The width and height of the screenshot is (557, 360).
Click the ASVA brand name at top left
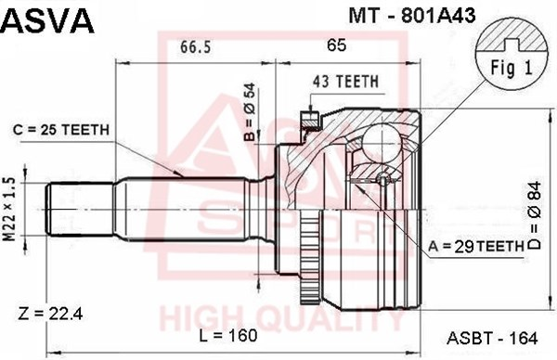point(47,20)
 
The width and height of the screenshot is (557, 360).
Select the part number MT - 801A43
point(412,15)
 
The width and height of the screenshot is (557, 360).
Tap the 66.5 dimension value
point(195,46)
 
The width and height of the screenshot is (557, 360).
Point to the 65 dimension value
point(336,45)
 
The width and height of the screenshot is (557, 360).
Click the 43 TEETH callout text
point(345,82)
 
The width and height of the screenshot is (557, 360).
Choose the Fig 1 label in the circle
point(512,68)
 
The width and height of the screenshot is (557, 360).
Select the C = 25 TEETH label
point(61,130)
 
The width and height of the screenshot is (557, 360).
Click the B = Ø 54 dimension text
point(250,111)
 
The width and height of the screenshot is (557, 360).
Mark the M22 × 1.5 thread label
point(9,209)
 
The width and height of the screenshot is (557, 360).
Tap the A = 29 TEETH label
point(476,246)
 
